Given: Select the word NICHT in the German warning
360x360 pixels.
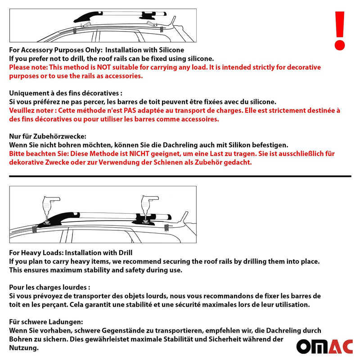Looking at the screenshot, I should coord(139,153).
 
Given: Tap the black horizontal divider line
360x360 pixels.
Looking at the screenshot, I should coord(180,176).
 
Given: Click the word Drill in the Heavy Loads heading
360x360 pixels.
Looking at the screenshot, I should coord(124,252).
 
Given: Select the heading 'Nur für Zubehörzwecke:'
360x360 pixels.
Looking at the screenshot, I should coord(48,136).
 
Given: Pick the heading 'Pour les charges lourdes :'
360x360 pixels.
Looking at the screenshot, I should coord(49,287).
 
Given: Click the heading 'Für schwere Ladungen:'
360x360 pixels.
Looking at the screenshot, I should coord(46,322).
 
